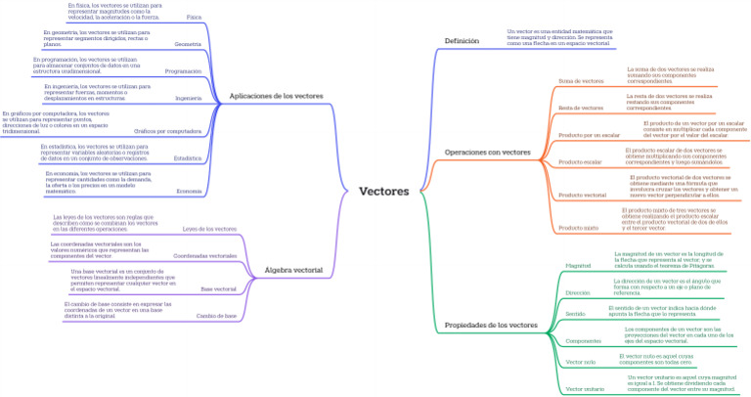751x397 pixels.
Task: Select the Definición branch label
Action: (462, 40)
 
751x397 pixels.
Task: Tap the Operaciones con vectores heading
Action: (487, 153)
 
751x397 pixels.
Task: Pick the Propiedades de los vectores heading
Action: (491, 324)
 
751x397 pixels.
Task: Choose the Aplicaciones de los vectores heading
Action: (275, 96)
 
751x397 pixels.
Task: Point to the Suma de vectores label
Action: (581, 80)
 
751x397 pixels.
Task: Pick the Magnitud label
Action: (579, 265)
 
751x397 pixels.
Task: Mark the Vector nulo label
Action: (581, 362)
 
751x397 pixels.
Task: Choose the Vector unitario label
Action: (586, 389)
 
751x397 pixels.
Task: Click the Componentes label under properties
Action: (583, 340)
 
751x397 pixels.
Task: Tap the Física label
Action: (194, 18)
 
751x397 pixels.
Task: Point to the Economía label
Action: (190, 191)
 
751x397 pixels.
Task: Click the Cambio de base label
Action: (216, 316)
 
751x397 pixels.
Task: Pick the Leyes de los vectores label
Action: (210, 229)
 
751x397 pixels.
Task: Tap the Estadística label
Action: (188, 157)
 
